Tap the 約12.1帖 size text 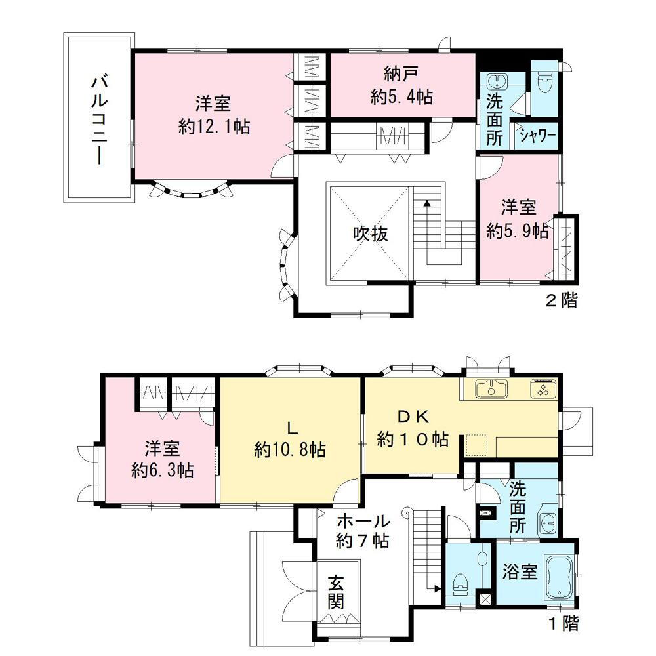point(215,126)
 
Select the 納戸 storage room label point(401,75)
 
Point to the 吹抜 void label point(370,234)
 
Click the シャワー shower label point(538,136)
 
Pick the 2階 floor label point(562,300)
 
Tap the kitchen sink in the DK point(491,388)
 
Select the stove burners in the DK point(543,389)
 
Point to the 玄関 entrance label point(336,592)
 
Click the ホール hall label point(363,522)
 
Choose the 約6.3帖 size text point(162,470)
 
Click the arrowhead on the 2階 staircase point(427,203)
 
